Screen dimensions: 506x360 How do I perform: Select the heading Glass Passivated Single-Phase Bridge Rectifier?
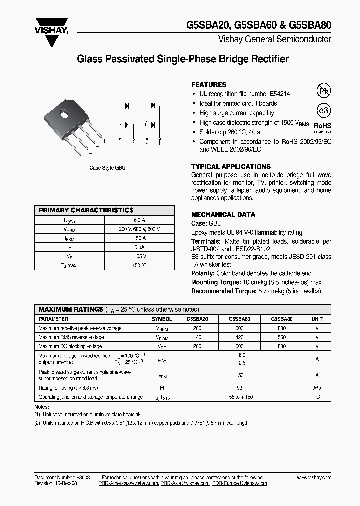[183, 59]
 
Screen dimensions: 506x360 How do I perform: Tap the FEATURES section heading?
[209, 85]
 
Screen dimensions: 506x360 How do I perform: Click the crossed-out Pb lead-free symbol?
[324, 90]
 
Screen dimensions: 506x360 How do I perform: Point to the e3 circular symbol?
[324, 111]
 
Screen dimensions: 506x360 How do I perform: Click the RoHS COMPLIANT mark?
[322, 128]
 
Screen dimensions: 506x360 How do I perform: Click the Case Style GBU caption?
[107, 168]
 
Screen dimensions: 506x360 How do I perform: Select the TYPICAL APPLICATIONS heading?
[231, 166]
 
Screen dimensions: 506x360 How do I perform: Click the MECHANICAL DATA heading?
[223, 214]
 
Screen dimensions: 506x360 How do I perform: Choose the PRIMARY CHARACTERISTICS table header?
[86, 210]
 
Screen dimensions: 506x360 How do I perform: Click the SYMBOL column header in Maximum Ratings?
[162, 319]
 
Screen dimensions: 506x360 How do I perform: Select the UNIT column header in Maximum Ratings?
[317, 319]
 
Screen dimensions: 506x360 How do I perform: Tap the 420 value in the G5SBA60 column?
[240, 337]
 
